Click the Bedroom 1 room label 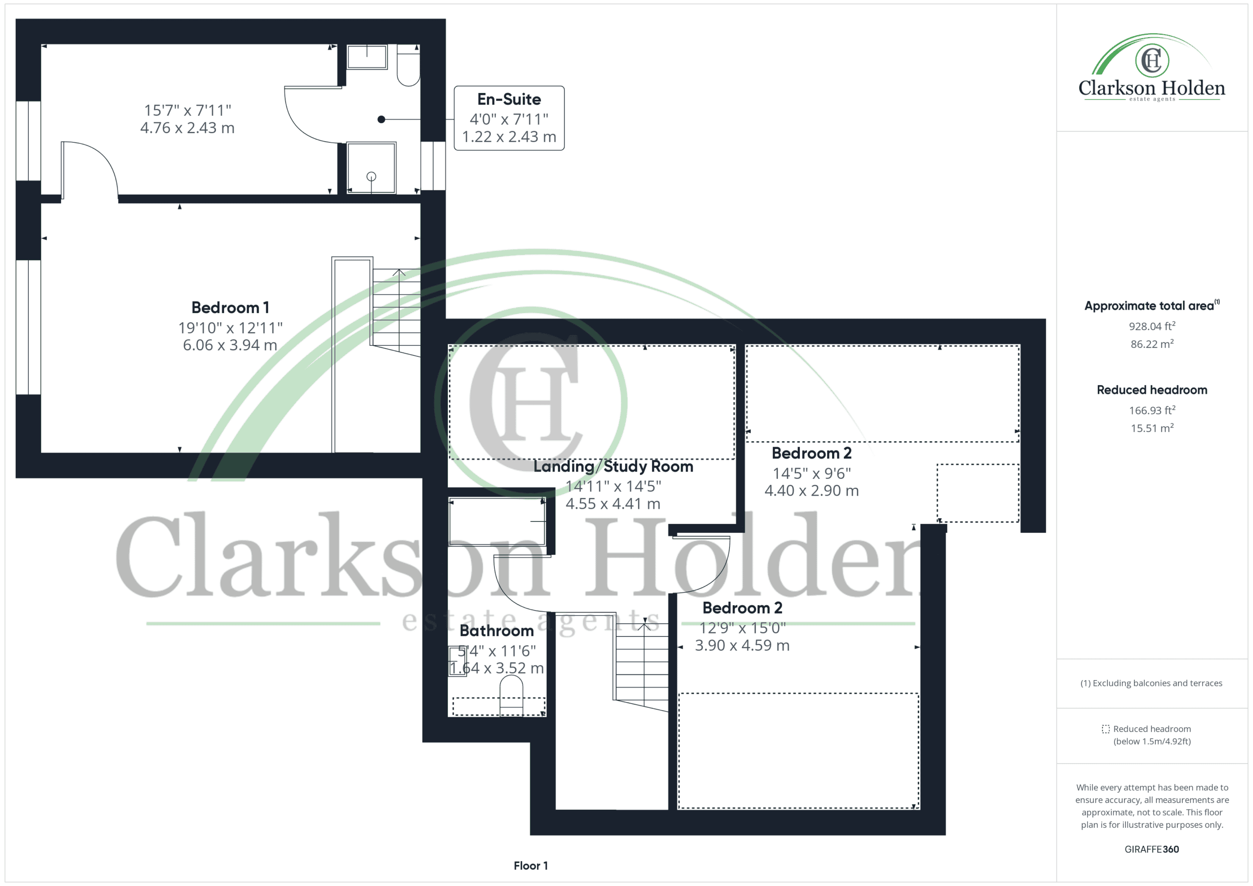click(231, 308)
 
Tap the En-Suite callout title click(509, 99)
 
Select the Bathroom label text click(497, 631)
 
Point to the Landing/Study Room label click(613, 466)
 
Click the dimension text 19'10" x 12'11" click(231, 327)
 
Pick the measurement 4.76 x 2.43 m click(187, 128)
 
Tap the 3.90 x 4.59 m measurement click(742, 645)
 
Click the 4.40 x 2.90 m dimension click(812, 491)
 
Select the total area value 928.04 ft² click(1152, 326)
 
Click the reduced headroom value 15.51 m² click(1152, 428)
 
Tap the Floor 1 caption click(531, 866)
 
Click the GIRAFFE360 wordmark click(1152, 849)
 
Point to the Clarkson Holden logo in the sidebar click(1152, 68)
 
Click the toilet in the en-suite click(408, 66)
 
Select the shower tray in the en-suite click(371, 167)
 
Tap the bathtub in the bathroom click(497, 521)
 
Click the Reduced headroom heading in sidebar click(1152, 390)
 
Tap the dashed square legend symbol click(1106, 729)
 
